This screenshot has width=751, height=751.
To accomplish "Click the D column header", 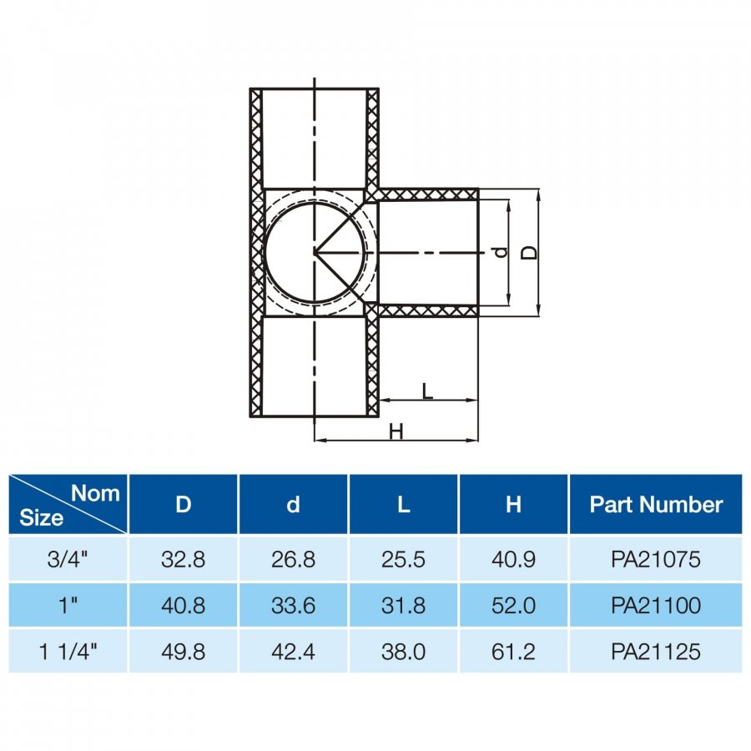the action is click(x=183, y=504).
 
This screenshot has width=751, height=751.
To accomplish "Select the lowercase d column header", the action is click(x=293, y=504).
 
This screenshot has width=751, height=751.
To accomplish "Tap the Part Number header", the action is click(x=656, y=504).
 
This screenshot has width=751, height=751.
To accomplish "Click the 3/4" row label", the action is click(x=68, y=559).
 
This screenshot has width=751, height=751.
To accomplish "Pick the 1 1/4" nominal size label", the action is click(x=68, y=652).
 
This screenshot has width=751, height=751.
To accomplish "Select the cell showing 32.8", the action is click(x=183, y=559).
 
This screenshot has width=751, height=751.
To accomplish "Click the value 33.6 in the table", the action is click(x=293, y=606).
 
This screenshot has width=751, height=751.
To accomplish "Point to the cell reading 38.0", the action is click(x=403, y=652).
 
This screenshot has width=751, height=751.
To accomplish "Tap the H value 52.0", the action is click(x=513, y=606).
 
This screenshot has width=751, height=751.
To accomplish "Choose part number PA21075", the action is click(x=656, y=559).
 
